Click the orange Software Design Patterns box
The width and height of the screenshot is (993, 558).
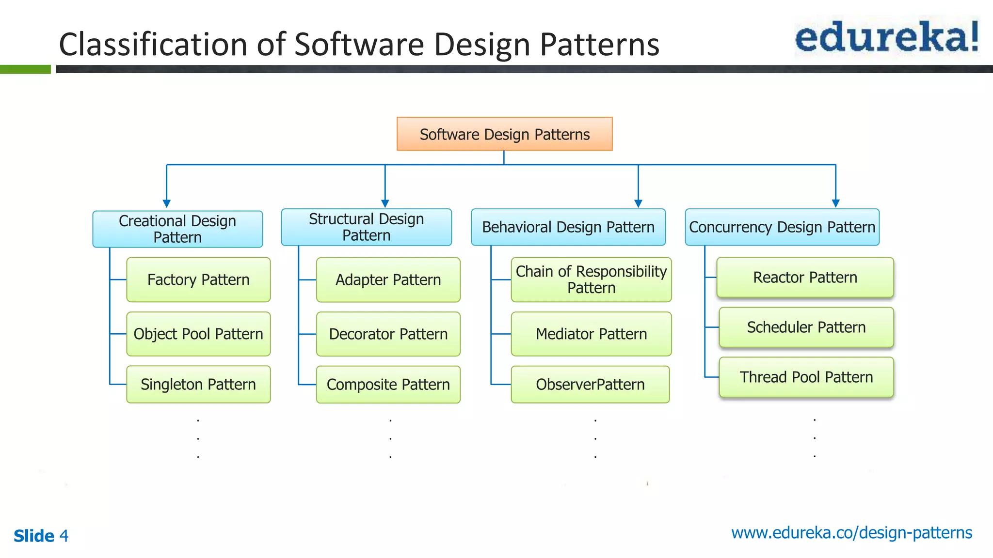[x=504, y=134]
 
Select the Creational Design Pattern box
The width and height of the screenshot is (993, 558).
[x=177, y=229]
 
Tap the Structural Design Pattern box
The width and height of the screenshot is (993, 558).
[x=366, y=227]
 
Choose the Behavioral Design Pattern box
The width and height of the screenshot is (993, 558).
[x=568, y=227]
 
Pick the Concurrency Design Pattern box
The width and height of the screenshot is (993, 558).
[x=782, y=227]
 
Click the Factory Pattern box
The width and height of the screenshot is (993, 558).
[x=198, y=280]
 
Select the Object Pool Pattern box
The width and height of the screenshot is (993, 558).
[x=198, y=334]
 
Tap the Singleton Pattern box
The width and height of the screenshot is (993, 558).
[x=198, y=385]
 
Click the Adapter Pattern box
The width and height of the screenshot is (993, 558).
[x=388, y=280]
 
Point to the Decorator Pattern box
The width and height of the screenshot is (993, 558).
[x=388, y=334]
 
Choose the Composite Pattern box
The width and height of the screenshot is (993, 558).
[x=388, y=385]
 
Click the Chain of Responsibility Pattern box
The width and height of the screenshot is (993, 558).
[x=591, y=280]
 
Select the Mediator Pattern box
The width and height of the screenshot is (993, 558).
[x=591, y=334]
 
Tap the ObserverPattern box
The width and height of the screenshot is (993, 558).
[x=590, y=385]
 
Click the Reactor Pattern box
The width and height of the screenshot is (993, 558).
[x=805, y=278]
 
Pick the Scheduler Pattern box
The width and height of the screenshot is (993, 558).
[x=806, y=327]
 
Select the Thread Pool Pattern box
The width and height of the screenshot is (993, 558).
[x=806, y=377]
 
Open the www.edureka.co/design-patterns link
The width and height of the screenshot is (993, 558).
[x=851, y=533]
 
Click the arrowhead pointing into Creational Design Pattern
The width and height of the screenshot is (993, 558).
[x=167, y=204]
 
